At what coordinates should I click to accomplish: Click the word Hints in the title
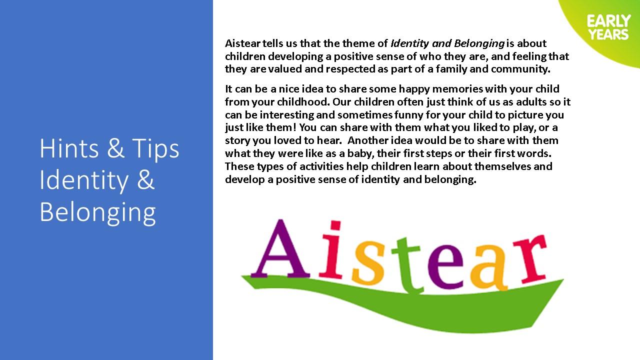point(69,148)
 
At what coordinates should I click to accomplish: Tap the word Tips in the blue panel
point(155,150)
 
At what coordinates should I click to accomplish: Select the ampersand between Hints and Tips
point(115,148)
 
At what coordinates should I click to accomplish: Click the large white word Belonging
point(97,212)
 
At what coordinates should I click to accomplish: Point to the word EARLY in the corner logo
point(609,21)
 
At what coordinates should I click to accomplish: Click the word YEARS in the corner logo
point(608,34)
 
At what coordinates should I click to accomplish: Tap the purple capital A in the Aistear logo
point(280,248)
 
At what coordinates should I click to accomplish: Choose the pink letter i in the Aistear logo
point(331,249)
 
